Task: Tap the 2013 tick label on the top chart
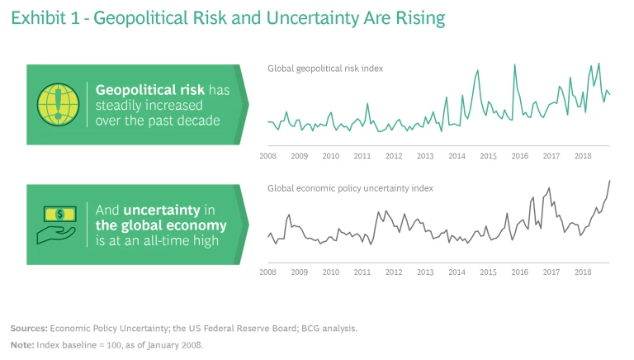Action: [425, 155]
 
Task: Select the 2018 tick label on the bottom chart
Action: [583, 272]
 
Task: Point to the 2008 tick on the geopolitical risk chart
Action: [267, 155]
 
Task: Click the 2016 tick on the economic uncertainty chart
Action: [519, 272]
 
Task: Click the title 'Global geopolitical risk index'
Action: [324, 68]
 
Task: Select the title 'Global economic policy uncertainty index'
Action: [350, 188]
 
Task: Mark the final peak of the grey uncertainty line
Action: [609, 181]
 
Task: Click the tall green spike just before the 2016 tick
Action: [515, 65]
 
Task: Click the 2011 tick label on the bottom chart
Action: [362, 272]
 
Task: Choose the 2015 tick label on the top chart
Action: [488, 155]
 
